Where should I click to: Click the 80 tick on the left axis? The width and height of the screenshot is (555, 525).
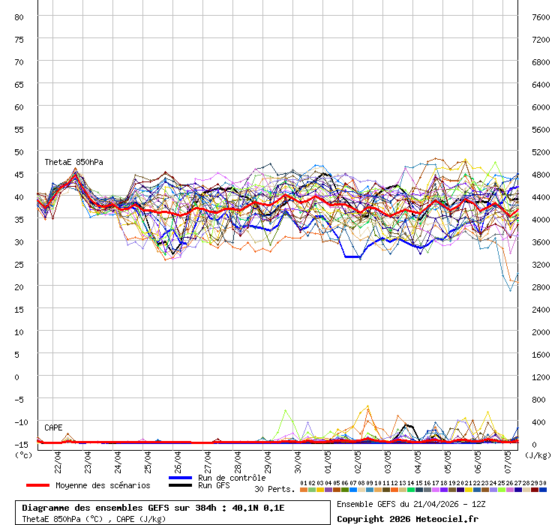coord(19,16)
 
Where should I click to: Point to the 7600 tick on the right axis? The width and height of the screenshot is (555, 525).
coord(540,16)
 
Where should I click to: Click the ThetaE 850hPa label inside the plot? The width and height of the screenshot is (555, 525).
coord(73,162)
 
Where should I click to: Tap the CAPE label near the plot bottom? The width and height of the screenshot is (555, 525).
coord(53,427)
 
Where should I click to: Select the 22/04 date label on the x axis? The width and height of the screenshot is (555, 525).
coord(57,457)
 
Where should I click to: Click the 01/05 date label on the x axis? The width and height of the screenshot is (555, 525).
coord(327,457)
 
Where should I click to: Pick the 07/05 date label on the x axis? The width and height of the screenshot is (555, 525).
coord(507,457)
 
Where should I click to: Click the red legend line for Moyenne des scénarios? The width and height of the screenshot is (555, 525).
coord(37,485)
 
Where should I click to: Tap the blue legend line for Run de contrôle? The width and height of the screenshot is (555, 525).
coord(180,478)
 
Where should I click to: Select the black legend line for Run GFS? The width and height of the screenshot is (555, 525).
coord(180,485)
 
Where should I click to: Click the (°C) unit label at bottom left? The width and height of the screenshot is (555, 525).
coord(23,454)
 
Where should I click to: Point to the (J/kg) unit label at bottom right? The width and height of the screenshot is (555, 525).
coord(538,454)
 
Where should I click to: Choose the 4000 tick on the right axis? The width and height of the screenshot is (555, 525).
coord(540,219)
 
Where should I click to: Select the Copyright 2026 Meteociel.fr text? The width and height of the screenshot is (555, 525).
coord(406,518)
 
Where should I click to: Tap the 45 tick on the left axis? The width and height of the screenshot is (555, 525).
coord(19,174)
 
